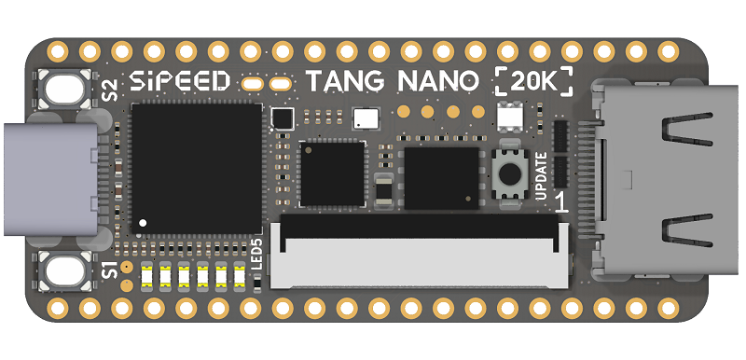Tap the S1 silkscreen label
110,270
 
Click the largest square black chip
197,168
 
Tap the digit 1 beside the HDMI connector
561,202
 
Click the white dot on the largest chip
144,224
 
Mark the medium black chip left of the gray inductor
332,173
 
